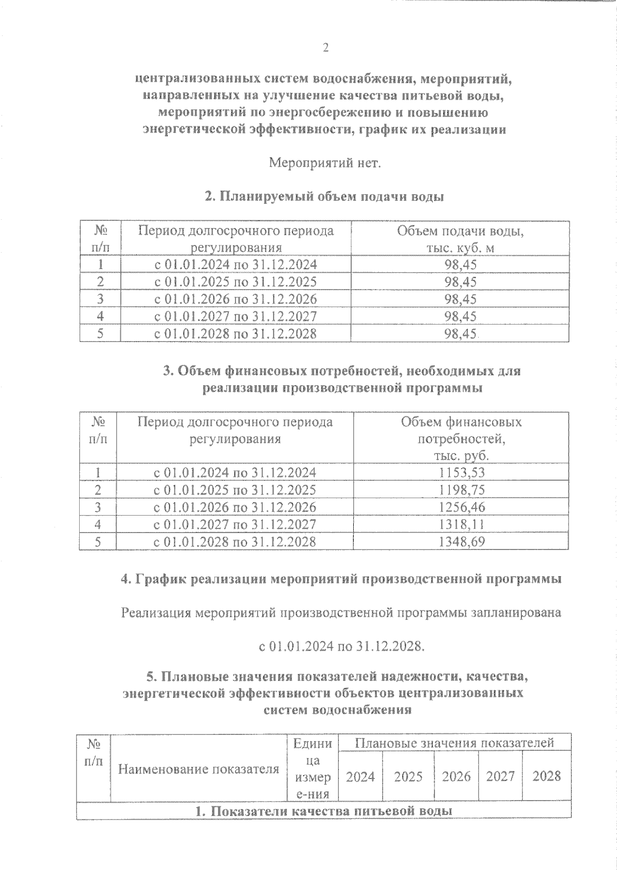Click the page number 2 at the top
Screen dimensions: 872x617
[x=325, y=48]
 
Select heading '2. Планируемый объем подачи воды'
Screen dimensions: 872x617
[x=324, y=197]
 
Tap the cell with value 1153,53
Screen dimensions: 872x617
[x=461, y=472]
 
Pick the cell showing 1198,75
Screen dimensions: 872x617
[x=461, y=489]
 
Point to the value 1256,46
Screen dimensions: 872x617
[x=461, y=507]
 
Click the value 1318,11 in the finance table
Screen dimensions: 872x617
[x=461, y=524]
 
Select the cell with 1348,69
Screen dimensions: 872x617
[x=461, y=541]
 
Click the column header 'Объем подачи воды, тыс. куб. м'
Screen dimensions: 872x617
[x=460, y=239]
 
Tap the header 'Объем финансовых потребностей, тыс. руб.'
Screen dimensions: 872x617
[x=461, y=439]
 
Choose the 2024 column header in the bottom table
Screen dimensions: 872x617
[x=360, y=776]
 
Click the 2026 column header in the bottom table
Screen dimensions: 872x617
[x=456, y=776]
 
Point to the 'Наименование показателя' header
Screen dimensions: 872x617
[x=198, y=769]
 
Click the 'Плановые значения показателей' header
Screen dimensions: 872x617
[x=454, y=743]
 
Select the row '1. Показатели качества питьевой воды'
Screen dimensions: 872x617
[x=324, y=811]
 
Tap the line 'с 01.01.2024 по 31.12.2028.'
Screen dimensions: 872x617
[x=342, y=646]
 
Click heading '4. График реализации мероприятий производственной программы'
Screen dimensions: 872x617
[x=340, y=579]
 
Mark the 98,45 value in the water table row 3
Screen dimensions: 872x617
[x=460, y=299]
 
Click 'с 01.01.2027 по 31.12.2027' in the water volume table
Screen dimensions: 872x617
[x=236, y=316]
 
